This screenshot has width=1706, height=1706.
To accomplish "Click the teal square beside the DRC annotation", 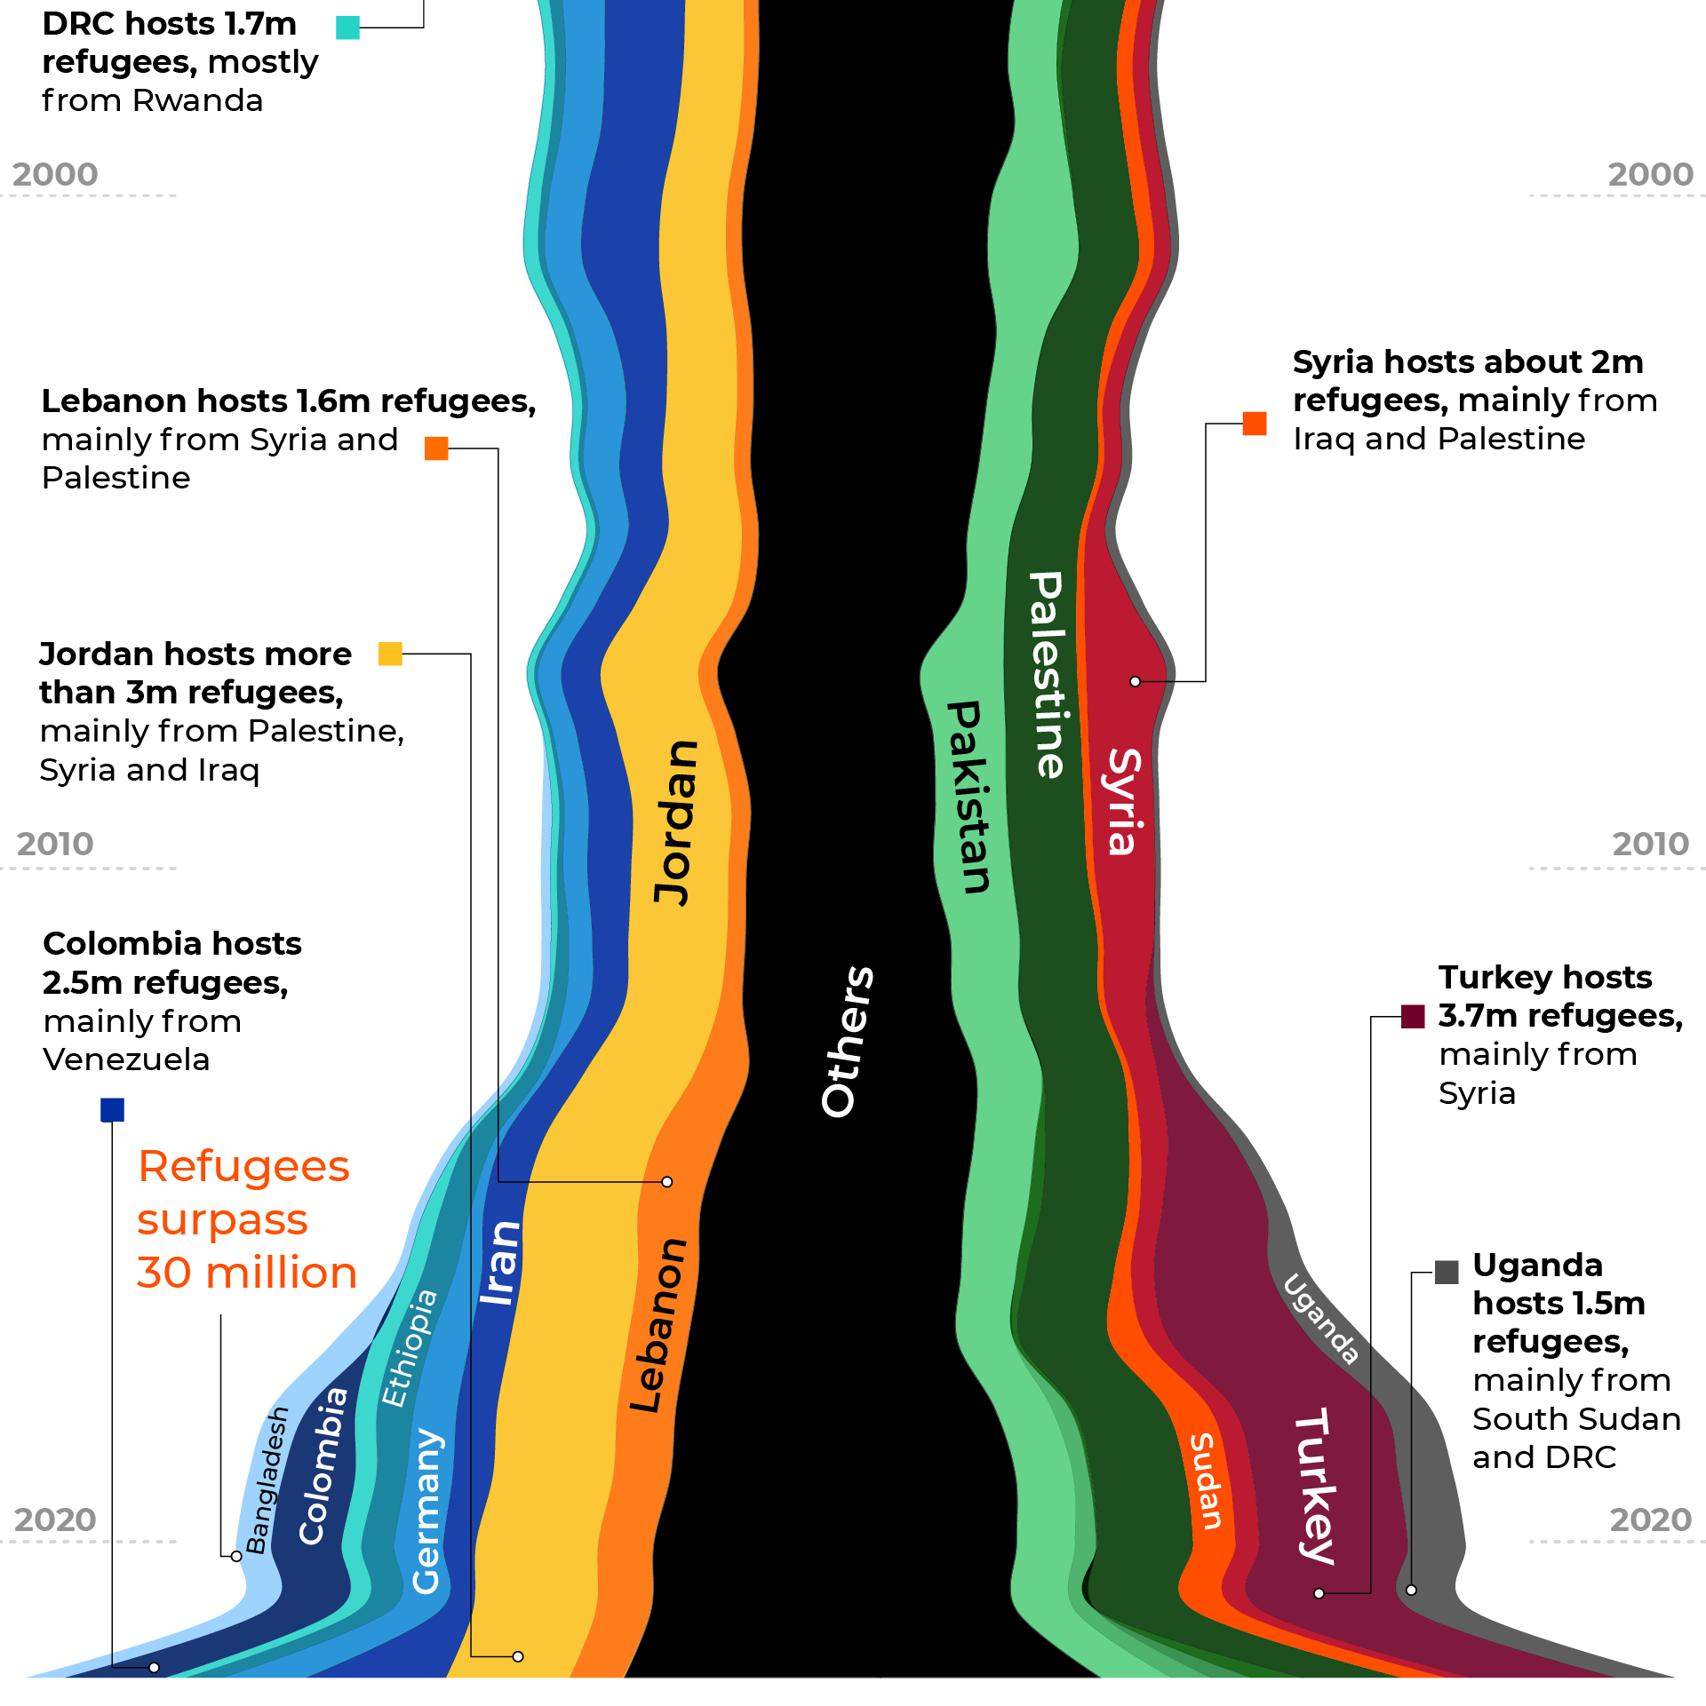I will click(x=347, y=28).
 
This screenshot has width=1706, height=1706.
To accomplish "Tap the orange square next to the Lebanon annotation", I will click(x=436, y=448).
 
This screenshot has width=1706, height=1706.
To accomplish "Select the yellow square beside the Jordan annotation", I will click(x=390, y=654).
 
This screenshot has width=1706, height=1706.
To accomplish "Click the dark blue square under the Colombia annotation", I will click(x=112, y=1110).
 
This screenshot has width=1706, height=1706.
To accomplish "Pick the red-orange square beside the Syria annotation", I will click(x=1255, y=424).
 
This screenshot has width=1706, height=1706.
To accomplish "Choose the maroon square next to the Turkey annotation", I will click(x=1413, y=1016).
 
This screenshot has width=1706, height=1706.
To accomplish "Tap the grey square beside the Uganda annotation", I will click(x=1447, y=1273).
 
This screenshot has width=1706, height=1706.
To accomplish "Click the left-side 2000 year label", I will click(x=55, y=174).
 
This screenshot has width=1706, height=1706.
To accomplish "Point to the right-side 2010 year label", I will click(x=1650, y=844).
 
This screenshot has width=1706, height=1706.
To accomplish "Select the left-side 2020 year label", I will click(x=55, y=1520).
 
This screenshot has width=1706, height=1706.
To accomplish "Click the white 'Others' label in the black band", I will click(x=847, y=1041).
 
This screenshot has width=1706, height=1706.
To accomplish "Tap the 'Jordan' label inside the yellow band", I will click(x=676, y=822).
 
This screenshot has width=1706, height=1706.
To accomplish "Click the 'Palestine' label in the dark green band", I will click(x=1047, y=675).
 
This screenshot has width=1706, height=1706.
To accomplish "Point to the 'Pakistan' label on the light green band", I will click(x=968, y=796).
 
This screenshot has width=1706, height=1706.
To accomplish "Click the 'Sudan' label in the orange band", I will click(x=1206, y=1481).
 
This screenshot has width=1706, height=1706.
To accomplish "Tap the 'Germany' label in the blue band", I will click(x=426, y=1510).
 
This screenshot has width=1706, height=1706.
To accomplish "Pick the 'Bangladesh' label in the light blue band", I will click(x=267, y=1480).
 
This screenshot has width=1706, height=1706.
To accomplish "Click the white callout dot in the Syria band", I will click(x=1135, y=681).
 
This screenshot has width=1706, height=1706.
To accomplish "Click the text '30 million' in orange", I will click(x=247, y=1273).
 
